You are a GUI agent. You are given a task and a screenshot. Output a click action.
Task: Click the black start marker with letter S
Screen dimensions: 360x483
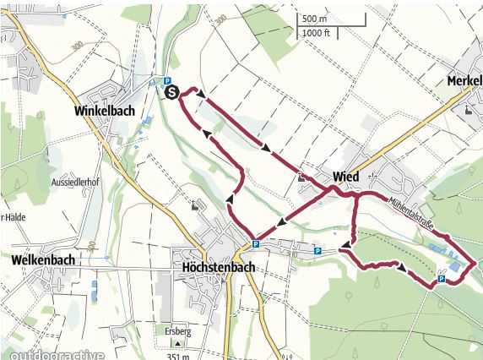[172, 92]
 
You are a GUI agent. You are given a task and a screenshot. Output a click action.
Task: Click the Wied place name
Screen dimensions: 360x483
[346, 176]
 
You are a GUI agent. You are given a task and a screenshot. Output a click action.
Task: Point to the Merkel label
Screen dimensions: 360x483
[464, 81]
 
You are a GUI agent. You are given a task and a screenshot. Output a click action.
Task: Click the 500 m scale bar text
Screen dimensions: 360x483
[314, 19]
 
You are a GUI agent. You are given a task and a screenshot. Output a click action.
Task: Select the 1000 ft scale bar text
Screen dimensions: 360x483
[317, 33]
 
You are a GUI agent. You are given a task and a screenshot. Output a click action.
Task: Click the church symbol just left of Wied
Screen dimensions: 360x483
[301, 177]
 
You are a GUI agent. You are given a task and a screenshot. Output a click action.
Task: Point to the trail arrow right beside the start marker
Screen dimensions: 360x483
[201, 95]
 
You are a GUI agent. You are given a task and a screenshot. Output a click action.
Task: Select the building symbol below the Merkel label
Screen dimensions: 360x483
[469, 109]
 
